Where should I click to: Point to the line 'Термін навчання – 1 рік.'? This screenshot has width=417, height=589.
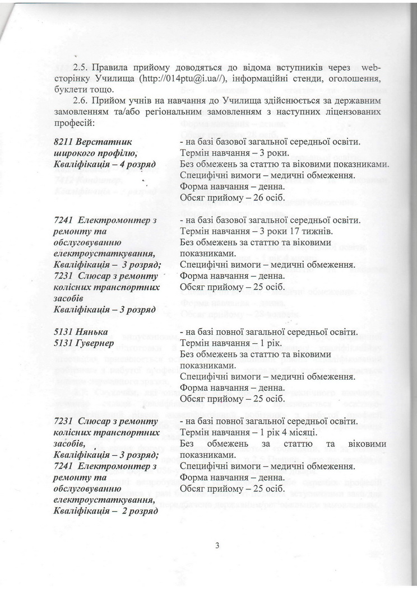[x=224, y=342]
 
